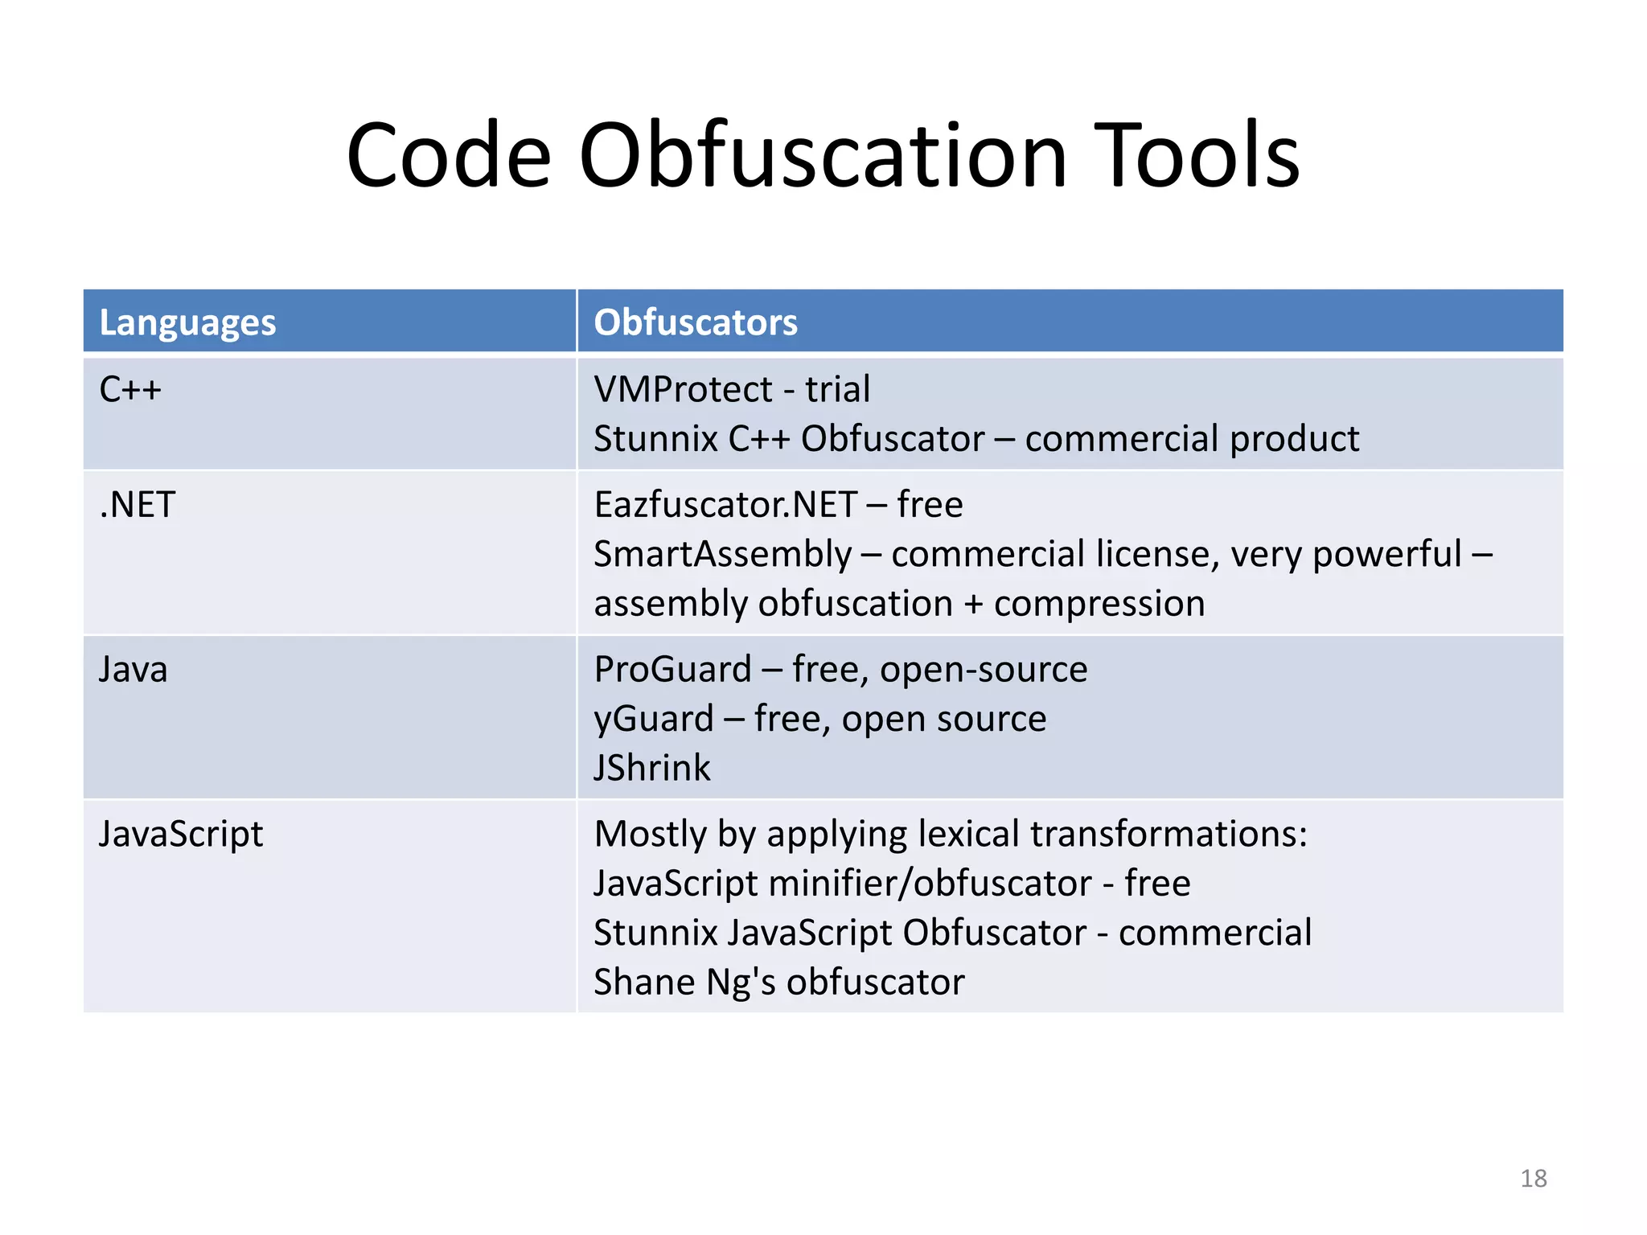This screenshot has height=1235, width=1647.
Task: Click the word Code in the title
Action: click(449, 155)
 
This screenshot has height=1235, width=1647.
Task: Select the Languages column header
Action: click(187, 322)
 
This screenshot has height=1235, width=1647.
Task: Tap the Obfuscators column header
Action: click(695, 322)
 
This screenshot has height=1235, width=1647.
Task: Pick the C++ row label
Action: click(130, 390)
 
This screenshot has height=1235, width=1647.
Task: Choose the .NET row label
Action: click(137, 505)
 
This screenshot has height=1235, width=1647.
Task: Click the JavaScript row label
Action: click(181, 835)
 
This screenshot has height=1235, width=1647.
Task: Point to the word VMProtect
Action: click(683, 390)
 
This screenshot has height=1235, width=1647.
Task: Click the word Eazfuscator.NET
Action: click(725, 505)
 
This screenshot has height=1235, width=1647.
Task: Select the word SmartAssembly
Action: click(722, 555)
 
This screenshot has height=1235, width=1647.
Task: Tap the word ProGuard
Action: click(672, 670)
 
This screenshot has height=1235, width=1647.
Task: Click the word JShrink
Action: click(652, 769)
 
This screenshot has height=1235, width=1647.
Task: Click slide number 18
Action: click(1534, 1179)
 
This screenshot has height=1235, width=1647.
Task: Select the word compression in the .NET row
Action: click(1099, 604)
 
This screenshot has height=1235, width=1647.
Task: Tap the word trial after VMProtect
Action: click(838, 390)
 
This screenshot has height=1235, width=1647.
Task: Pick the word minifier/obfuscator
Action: click(930, 884)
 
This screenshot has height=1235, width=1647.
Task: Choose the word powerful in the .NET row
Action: click(1386, 555)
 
